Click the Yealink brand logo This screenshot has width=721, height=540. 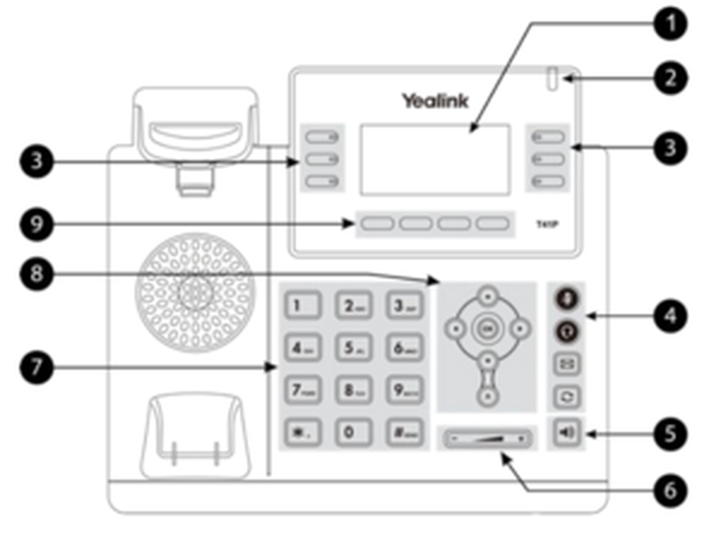435,101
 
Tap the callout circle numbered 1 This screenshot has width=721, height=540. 670,24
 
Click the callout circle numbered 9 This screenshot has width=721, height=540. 36,224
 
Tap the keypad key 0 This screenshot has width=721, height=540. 353,432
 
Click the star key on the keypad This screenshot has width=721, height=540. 302,432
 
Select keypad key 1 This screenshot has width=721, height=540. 302,305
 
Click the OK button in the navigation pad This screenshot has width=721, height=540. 487,328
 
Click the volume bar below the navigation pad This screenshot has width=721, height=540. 487,438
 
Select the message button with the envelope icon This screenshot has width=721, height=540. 566,364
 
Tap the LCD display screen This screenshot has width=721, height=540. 435,160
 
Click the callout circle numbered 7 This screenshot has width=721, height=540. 36,367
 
